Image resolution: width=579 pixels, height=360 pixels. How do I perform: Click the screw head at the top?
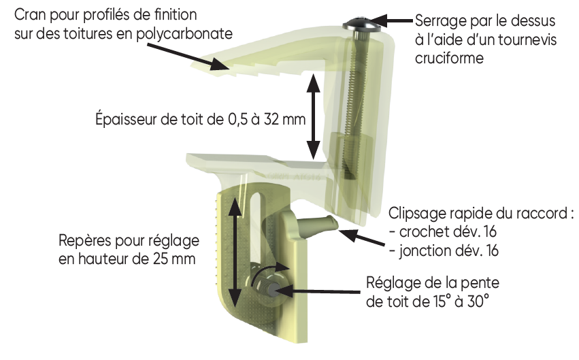tap(361, 24)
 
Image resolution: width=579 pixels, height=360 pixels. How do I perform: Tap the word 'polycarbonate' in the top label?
tap(184, 34)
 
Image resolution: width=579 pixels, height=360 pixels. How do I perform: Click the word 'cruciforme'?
tap(449, 58)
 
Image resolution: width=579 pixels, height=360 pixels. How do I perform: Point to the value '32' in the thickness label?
tap(271, 119)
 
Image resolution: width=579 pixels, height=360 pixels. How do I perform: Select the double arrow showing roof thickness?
tap(314, 116)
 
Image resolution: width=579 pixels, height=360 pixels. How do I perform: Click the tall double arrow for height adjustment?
tap(235, 252)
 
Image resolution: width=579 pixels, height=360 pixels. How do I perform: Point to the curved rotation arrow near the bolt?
tap(267, 272)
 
